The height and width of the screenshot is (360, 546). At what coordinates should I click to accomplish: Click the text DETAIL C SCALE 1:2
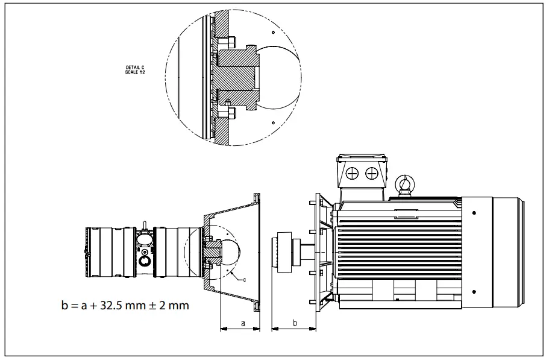click(x=134, y=70)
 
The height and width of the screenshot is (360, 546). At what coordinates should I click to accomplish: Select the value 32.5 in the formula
click(x=109, y=305)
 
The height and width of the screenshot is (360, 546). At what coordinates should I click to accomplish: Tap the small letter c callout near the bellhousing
click(x=244, y=279)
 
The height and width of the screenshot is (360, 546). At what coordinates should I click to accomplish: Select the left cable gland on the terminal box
click(x=353, y=174)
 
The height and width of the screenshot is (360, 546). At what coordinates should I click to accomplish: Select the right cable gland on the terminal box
click(x=372, y=174)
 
